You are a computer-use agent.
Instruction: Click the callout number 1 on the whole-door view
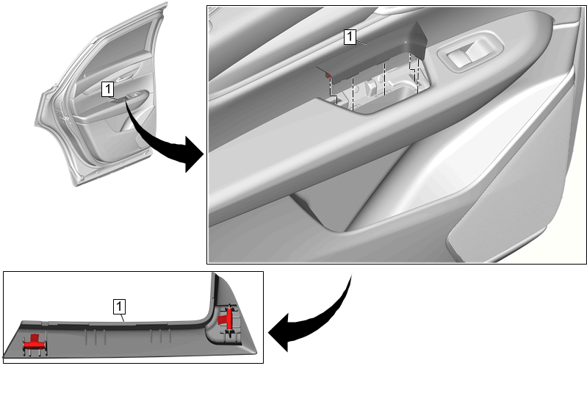click(108, 90)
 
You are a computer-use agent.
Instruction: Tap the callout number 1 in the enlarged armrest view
click(350, 37)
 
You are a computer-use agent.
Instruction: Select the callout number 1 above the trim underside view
click(119, 306)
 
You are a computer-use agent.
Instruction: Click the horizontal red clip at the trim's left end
click(35, 342)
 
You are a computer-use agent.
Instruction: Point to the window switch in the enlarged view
click(471, 54)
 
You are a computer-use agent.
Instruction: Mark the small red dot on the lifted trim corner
click(329, 76)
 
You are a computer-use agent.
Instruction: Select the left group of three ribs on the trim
click(95, 337)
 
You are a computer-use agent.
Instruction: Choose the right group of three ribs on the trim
click(161, 335)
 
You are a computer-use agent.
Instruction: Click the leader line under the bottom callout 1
click(122, 317)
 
